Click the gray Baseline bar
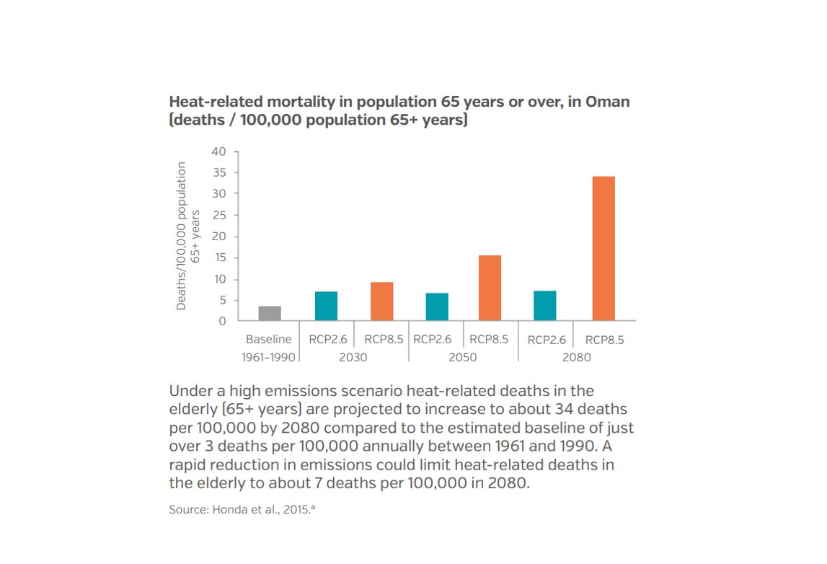(270, 313)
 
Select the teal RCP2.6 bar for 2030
(326, 306)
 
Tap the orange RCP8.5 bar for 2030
(381, 301)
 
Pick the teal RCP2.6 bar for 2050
(437, 307)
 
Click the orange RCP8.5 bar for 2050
(490, 288)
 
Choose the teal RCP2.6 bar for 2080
(544, 306)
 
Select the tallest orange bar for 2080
(603, 248)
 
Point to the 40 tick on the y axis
(218, 152)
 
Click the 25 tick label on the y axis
(218, 216)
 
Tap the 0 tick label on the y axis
(222, 322)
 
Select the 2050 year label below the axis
(463, 357)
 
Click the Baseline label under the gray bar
(268, 340)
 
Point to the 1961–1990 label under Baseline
(268, 357)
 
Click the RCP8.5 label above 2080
(604, 340)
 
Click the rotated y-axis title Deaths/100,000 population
(181, 236)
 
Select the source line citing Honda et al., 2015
(243, 509)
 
